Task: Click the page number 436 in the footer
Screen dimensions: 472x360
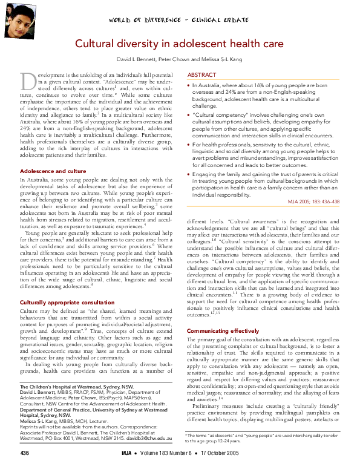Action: point(24,453)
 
